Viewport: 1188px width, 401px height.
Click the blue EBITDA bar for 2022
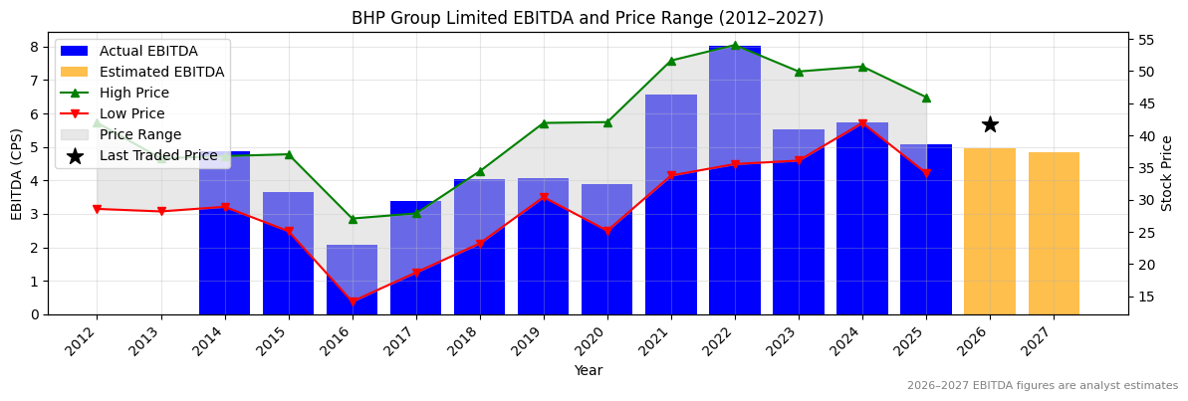pyautogui.click(x=735, y=180)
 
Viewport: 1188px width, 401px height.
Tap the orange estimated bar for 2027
pyautogui.click(x=1054, y=234)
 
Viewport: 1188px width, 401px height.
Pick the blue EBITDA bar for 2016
pyautogui.click(x=353, y=280)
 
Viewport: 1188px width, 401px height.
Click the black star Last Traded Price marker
pyautogui.click(x=990, y=124)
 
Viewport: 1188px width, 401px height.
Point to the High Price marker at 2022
pyautogui.click(x=735, y=46)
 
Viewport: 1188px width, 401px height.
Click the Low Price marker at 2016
pyautogui.click(x=353, y=301)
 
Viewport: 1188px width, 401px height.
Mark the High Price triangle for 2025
pyautogui.click(x=926, y=98)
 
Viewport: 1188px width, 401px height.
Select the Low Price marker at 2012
pyautogui.click(x=98, y=209)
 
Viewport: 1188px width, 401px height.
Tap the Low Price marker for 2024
pyautogui.click(x=862, y=124)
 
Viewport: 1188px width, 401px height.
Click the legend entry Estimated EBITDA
pyautogui.click(x=161, y=73)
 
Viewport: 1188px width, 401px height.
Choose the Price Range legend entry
pyautogui.click(x=140, y=135)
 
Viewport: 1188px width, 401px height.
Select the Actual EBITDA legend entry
pyautogui.click(x=148, y=52)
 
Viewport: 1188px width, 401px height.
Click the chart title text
pyautogui.click(x=588, y=18)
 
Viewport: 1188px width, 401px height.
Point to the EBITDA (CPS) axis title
pyautogui.click(x=17, y=173)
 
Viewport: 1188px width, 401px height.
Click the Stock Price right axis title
pyautogui.click(x=1167, y=173)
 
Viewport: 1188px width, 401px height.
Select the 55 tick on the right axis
pyautogui.click(x=1145, y=40)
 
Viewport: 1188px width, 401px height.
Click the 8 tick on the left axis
pyautogui.click(x=34, y=47)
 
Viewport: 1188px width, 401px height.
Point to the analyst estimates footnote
pyautogui.click(x=1042, y=386)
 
